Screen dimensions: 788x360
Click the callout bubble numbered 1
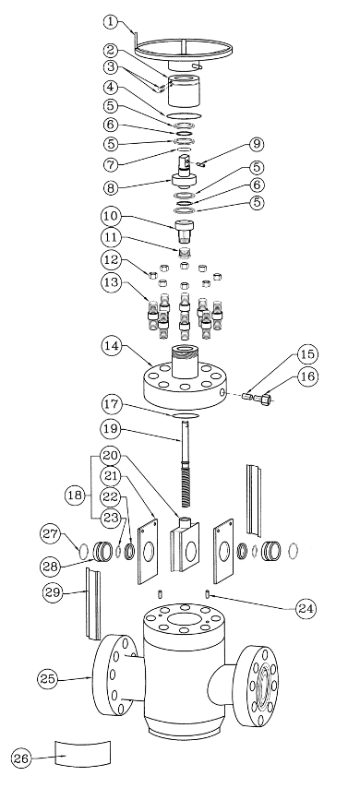(111, 20)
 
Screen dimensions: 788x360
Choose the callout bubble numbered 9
(232, 144)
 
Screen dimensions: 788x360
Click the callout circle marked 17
(111, 403)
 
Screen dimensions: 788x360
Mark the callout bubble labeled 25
(49, 677)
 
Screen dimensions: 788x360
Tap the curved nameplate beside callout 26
(83, 751)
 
